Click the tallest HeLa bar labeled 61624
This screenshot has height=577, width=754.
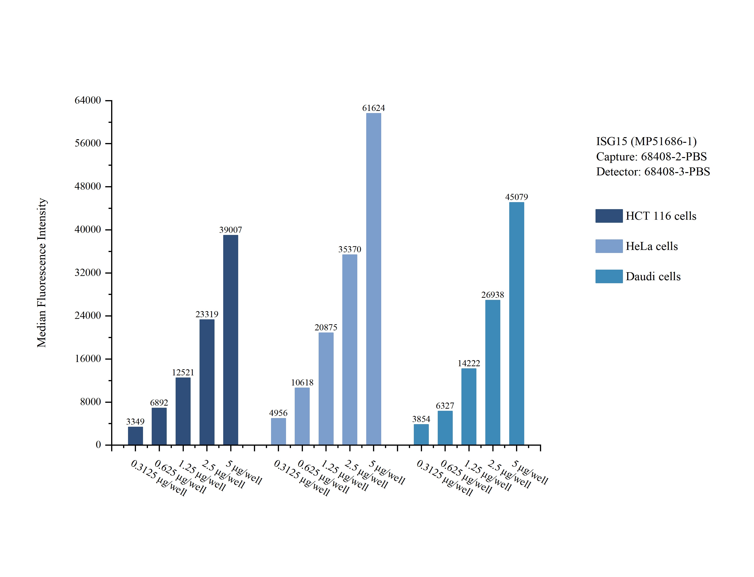[x=373, y=279]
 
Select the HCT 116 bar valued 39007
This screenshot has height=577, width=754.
[x=230, y=340]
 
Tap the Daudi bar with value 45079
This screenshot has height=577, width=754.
[x=516, y=324]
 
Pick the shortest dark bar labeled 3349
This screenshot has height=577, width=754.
[x=135, y=436]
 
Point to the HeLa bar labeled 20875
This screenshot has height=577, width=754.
[x=326, y=389]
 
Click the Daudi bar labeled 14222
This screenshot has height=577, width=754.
[x=469, y=407]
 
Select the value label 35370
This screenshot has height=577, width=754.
[x=350, y=249]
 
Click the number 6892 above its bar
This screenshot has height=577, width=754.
[x=159, y=403]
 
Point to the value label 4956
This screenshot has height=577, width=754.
[x=278, y=413]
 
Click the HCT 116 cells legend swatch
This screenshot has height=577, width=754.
[x=609, y=216]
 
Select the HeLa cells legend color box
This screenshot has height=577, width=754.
[x=609, y=246]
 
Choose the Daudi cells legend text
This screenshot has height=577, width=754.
[x=653, y=276]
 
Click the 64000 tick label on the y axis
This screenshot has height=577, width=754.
[x=88, y=100]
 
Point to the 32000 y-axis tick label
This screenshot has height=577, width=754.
[x=88, y=273]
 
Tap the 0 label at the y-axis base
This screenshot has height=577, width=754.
[x=98, y=445]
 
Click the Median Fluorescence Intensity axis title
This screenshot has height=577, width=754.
[x=41, y=273]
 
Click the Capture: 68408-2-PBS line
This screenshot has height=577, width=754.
[x=651, y=157]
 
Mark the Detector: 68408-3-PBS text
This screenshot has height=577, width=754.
[x=653, y=172]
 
